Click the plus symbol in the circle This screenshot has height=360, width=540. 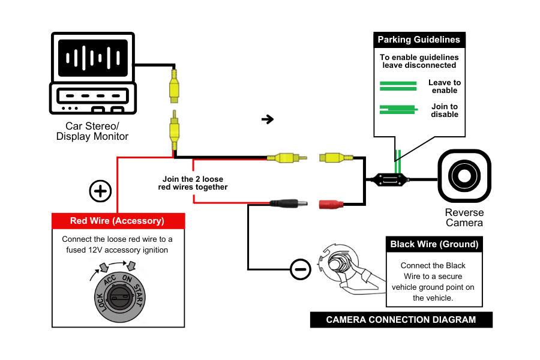(101, 191)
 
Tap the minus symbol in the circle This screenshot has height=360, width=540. (301, 269)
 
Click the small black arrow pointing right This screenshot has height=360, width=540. (268, 119)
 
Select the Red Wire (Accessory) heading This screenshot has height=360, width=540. (117, 221)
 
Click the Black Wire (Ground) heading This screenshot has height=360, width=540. (434, 244)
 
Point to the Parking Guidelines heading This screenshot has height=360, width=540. (419, 40)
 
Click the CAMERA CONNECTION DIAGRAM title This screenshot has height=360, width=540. (401, 320)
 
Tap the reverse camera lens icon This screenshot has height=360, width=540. (464, 176)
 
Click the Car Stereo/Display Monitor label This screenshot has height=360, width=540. (92, 131)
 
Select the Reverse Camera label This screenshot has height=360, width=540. (464, 218)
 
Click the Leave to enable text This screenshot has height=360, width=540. (444, 86)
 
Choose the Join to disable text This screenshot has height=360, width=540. (444, 110)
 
